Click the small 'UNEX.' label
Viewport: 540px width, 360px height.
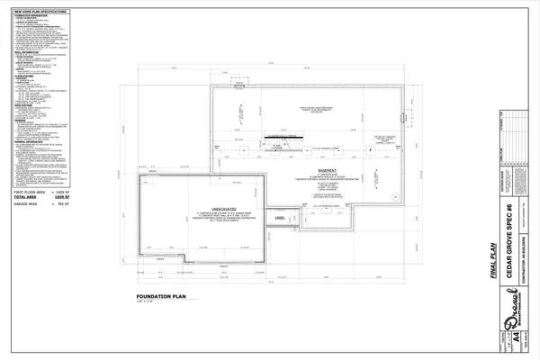coord(280,218)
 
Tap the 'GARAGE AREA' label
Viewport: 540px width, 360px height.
coord(29,205)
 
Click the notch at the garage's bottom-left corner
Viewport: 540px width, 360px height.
coord(184,260)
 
